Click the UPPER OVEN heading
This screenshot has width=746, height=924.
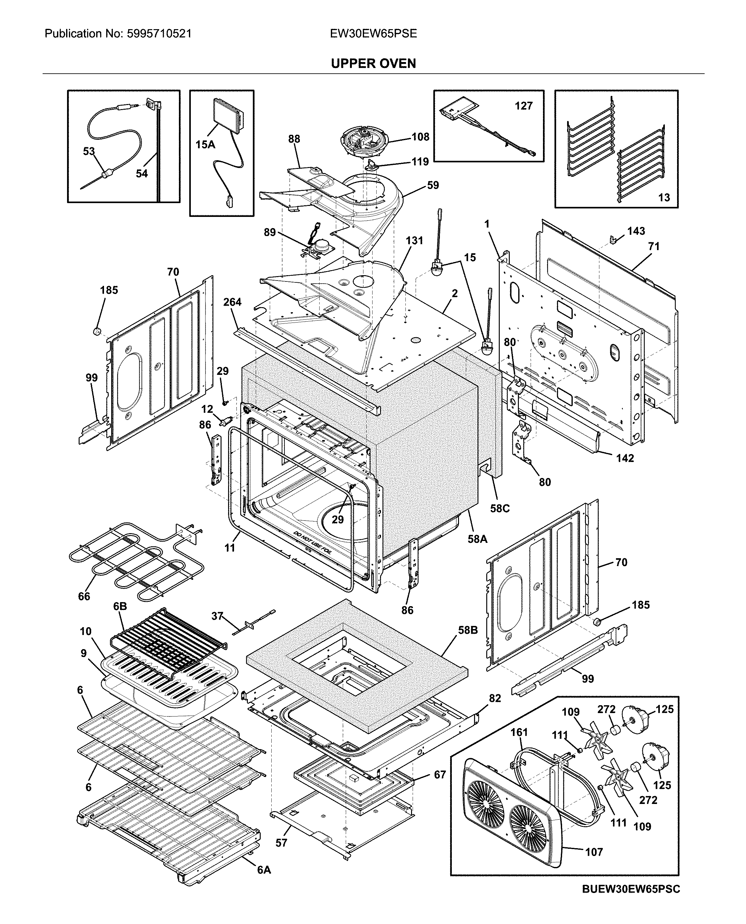[373, 64]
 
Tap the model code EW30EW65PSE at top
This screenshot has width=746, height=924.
[373, 34]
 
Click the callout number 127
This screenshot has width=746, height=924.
[524, 106]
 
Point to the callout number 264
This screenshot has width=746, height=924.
[232, 302]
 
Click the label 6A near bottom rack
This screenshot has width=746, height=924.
[264, 870]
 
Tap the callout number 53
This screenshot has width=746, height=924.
[89, 151]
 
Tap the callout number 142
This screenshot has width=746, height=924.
[625, 458]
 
